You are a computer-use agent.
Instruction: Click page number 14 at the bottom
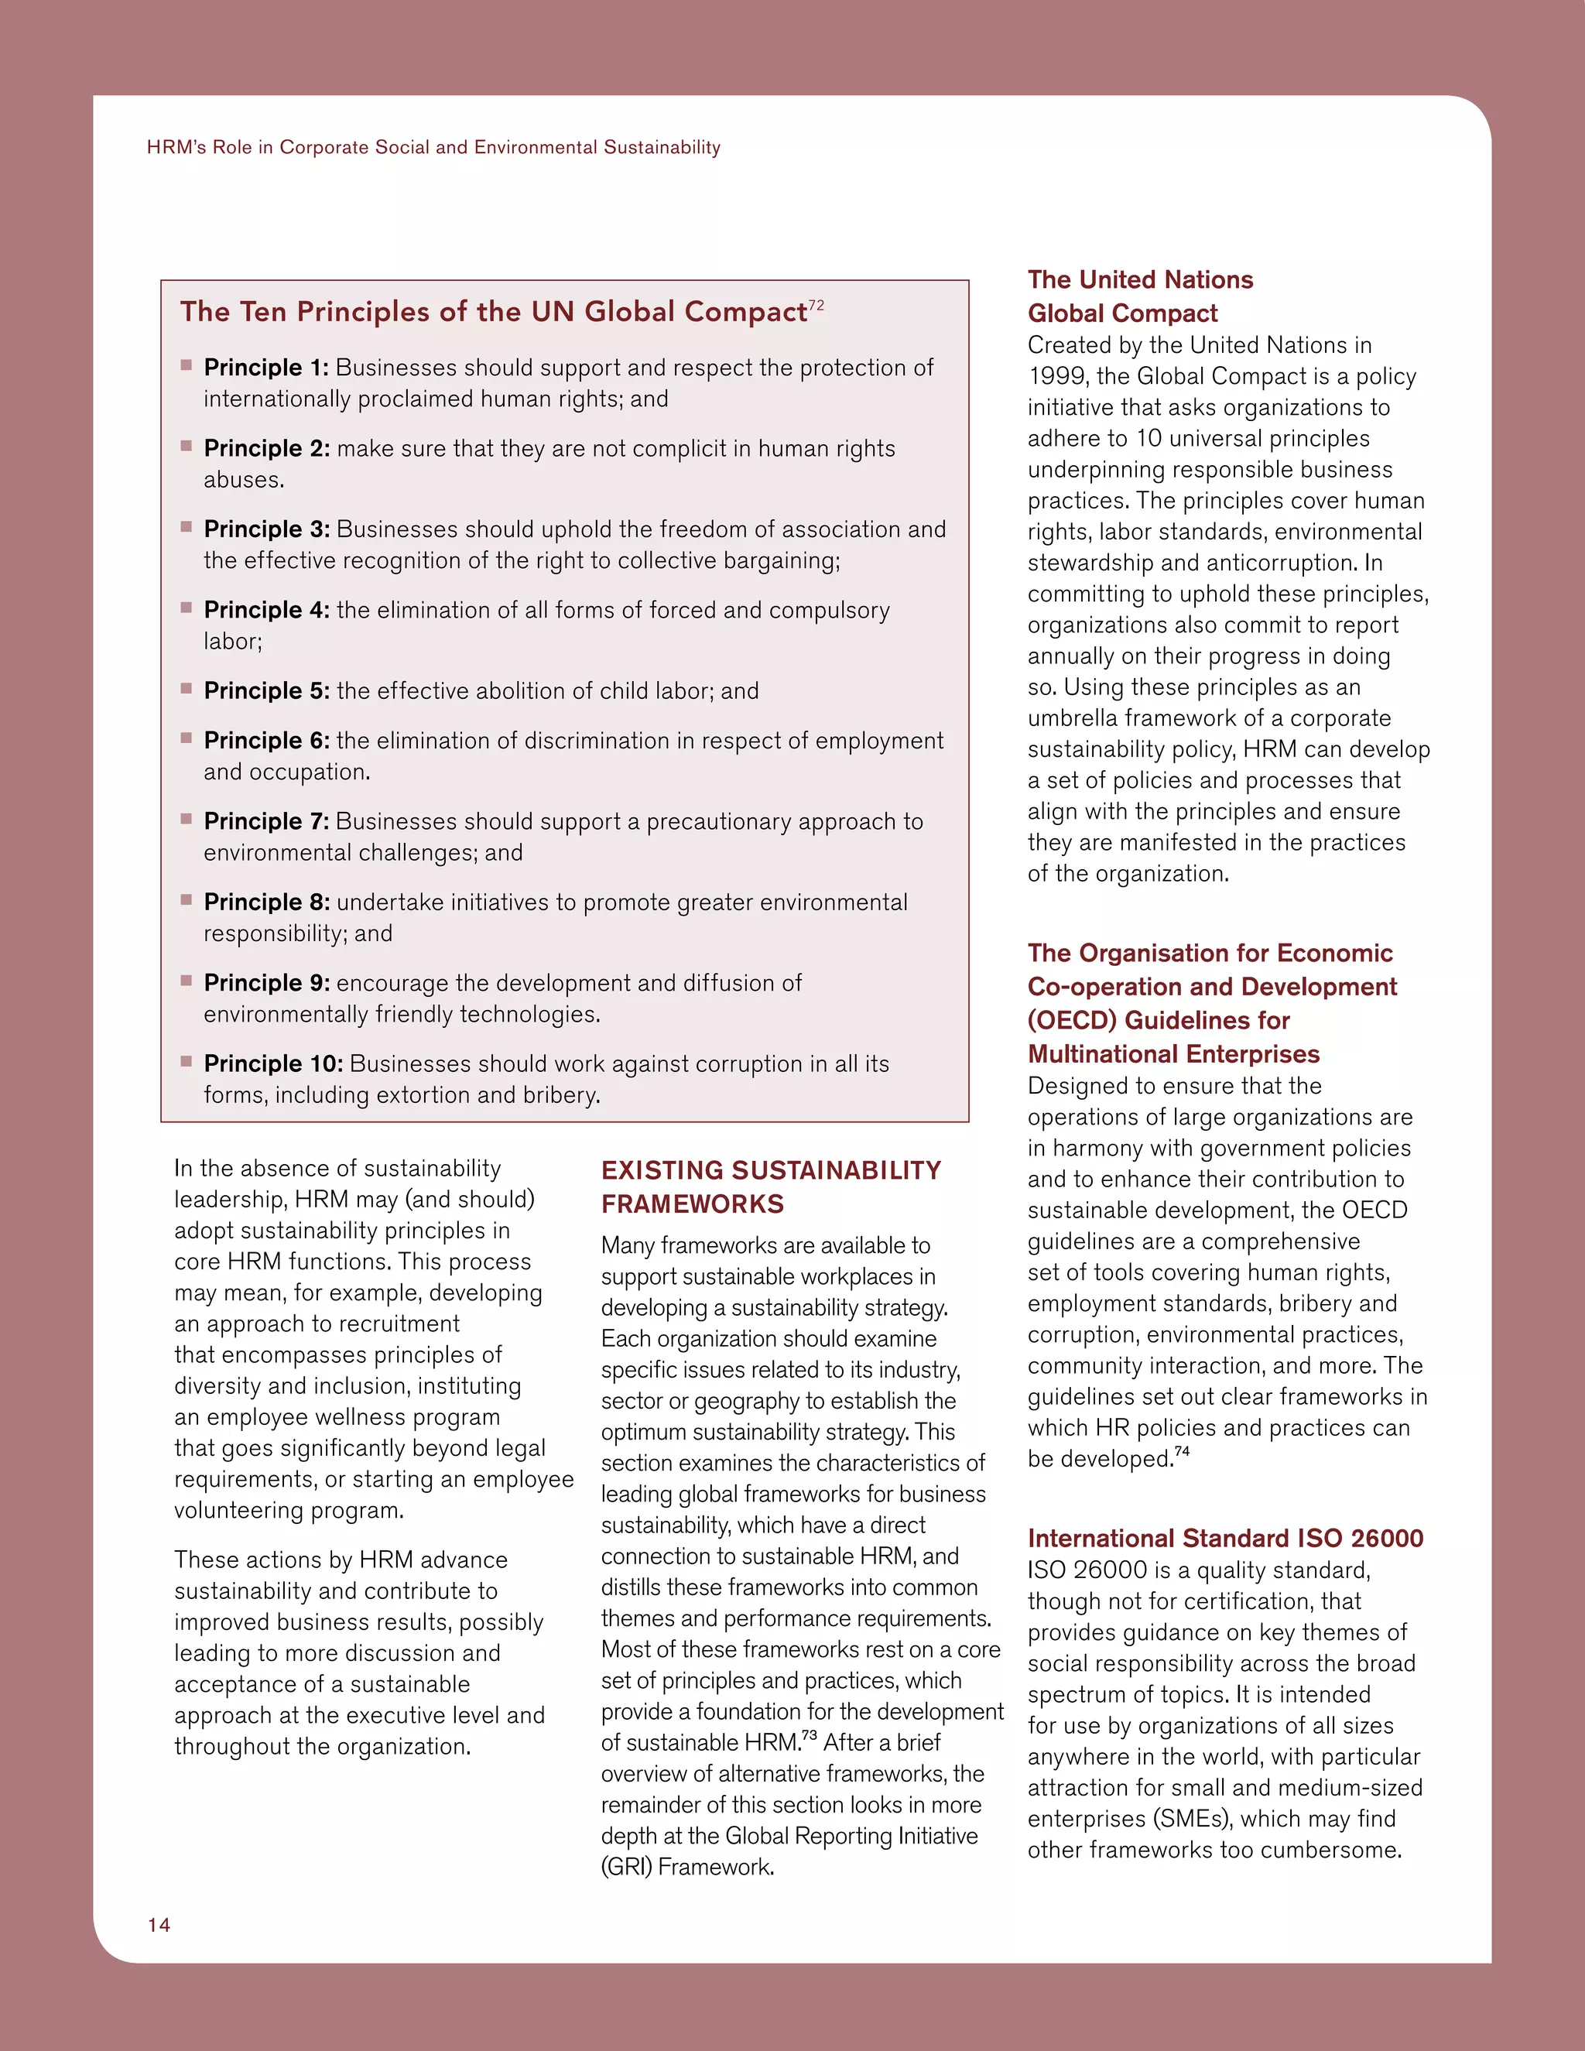click(159, 1924)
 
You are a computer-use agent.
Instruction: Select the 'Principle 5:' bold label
click(265, 690)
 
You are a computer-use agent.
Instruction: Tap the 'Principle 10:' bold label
click(272, 1063)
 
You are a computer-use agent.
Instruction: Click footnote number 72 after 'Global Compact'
click(816, 305)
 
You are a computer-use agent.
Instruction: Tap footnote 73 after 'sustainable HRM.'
click(809, 1735)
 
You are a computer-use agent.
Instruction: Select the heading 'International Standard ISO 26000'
click(1224, 1537)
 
